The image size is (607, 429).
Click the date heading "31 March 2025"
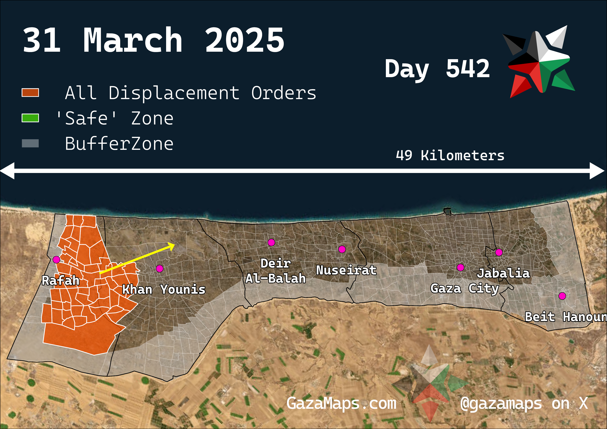pyautogui.click(x=153, y=40)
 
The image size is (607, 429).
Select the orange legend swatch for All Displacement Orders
pyautogui.click(x=30, y=93)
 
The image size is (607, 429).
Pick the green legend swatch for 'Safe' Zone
pyautogui.click(x=30, y=118)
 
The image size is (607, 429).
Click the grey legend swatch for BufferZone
pyautogui.click(x=30, y=143)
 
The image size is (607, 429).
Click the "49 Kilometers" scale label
pyautogui.click(x=450, y=155)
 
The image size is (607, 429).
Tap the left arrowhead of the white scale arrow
pyautogui.click(x=7, y=171)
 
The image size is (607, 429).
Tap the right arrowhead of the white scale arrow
pyautogui.click(x=597, y=171)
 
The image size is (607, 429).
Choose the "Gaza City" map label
pyautogui.click(x=464, y=288)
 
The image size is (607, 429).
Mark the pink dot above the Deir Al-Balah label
pyautogui.click(x=271, y=242)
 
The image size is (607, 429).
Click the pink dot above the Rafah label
pyautogui.click(x=56, y=260)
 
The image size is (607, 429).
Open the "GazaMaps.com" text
pyautogui.click(x=341, y=404)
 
